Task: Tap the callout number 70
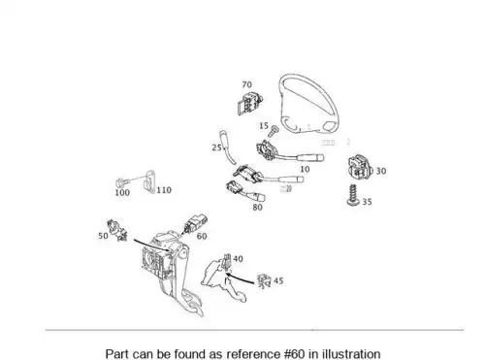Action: click(x=246, y=84)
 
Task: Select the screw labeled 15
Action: click(x=275, y=131)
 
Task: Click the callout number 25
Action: click(x=216, y=147)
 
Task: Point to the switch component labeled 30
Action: click(x=360, y=167)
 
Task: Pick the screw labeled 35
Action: click(x=353, y=195)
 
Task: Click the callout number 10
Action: click(x=305, y=169)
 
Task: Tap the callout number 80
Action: click(x=257, y=208)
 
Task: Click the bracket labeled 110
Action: click(x=149, y=181)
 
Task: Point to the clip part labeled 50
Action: click(x=117, y=230)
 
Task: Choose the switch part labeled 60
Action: click(x=195, y=223)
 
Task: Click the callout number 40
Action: click(x=238, y=259)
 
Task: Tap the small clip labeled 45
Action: click(x=264, y=281)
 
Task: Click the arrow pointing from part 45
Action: click(x=240, y=279)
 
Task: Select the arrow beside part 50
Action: click(x=151, y=245)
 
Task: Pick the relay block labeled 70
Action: click(x=249, y=103)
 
